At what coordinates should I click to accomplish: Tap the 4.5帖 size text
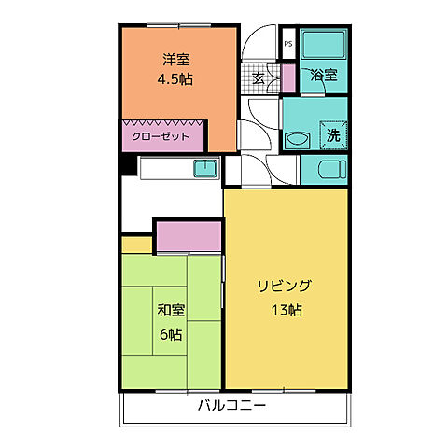(x=175, y=79)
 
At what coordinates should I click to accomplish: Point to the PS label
(x=288, y=44)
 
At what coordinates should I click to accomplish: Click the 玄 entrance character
(x=259, y=78)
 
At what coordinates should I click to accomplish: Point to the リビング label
(x=285, y=287)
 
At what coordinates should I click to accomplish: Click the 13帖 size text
(x=285, y=310)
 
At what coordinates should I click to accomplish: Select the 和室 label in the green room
(x=169, y=311)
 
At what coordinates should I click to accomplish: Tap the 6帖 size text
(x=169, y=333)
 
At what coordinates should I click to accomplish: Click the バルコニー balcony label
(x=231, y=406)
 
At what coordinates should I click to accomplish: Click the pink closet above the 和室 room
(x=189, y=236)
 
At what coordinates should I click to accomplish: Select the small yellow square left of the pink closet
(x=136, y=245)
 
